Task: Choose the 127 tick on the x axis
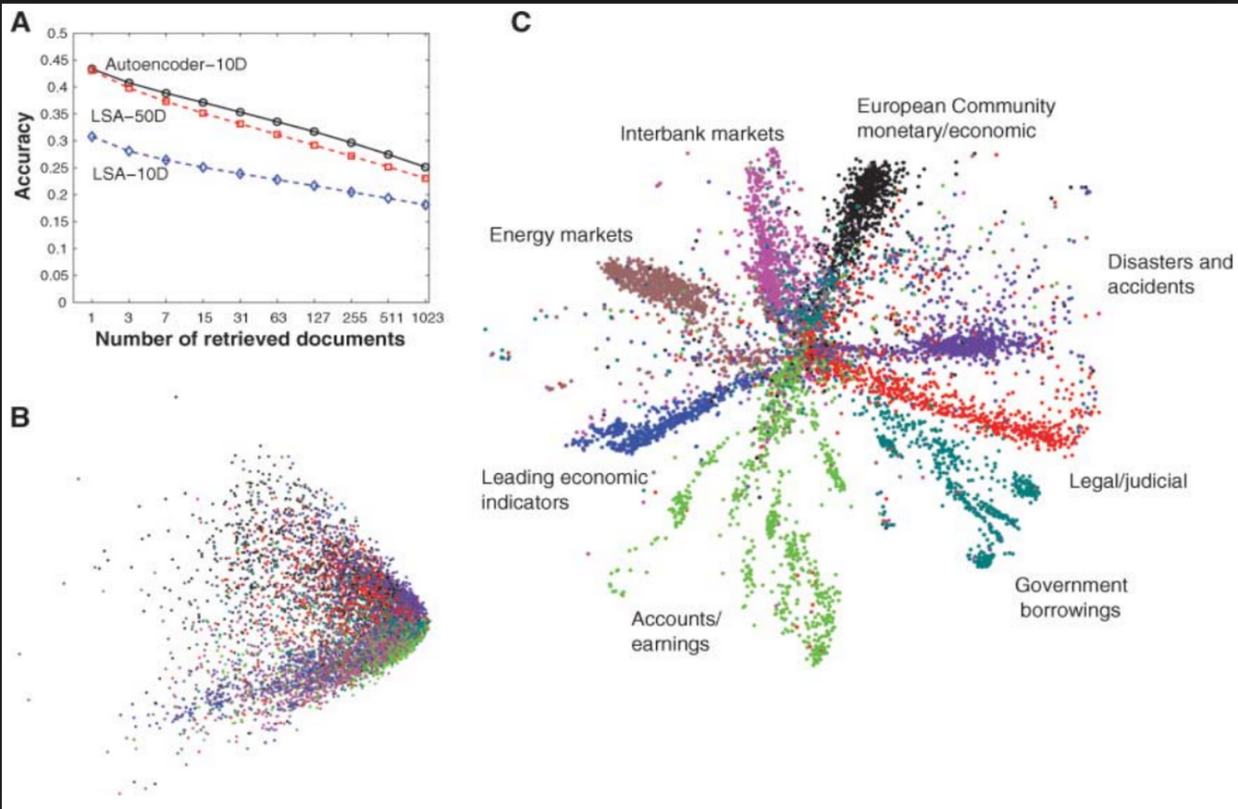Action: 315,317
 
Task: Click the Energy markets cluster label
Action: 561,236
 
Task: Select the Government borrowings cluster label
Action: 1069,597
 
